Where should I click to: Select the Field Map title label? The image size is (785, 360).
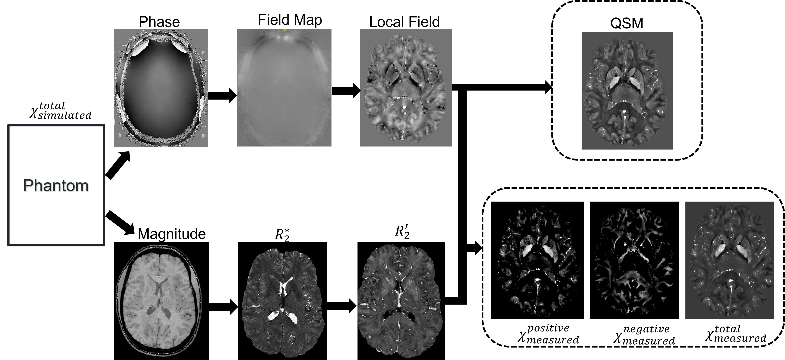(290, 20)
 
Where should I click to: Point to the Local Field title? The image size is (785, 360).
(404, 22)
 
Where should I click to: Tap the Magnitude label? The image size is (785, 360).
(172, 234)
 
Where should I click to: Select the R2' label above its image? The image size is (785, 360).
(402, 232)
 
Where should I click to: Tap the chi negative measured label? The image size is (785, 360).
(644, 335)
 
